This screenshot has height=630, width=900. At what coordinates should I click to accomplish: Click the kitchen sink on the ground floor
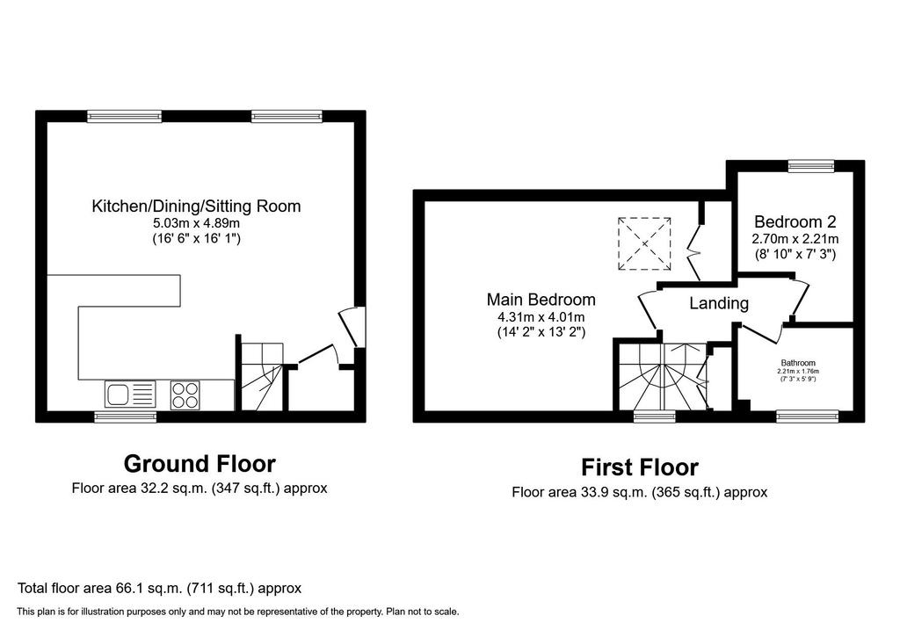click(x=130, y=395)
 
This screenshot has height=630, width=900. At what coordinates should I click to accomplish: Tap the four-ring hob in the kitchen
click(x=185, y=395)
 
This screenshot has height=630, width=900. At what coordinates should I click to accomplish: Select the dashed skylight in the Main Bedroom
click(x=644, y=243)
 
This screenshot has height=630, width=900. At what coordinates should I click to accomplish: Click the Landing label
click(x=719, y=303)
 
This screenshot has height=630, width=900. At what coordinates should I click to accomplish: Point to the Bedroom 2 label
click(x=795, y=221)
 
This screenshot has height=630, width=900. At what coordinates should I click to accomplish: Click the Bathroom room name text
click(x=798, y=363)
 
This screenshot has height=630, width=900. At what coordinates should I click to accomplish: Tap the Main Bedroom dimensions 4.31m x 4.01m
click(x=541, y=316)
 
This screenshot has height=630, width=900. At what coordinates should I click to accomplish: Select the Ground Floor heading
click(x=200, y=464)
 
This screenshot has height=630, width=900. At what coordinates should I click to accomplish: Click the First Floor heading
click(x=640, y=467)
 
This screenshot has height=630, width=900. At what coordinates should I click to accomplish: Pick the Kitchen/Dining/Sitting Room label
click(x=196, y=206)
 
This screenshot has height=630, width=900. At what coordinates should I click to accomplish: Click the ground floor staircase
click(x=262, y=376)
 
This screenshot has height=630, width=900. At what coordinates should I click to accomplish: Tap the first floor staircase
click(x=663, y=376)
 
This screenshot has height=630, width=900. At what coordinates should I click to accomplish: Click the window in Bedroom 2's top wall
click(x=811, y=166)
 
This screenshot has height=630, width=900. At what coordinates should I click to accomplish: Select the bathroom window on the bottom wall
click(x=808, y=416)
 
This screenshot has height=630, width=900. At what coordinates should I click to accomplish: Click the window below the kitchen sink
click(x=126, y=416)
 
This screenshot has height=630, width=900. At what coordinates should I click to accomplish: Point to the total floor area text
click(x=160, y=588)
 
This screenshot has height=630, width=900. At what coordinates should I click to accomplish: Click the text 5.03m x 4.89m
click(x=196, y=223)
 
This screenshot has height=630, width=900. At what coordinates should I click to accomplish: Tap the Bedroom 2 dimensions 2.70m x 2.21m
click(x=795, y=238)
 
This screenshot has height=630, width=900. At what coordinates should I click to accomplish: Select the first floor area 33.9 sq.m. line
click(x=640, y=492)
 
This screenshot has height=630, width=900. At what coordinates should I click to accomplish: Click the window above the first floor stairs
click(x=655, y=416)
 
